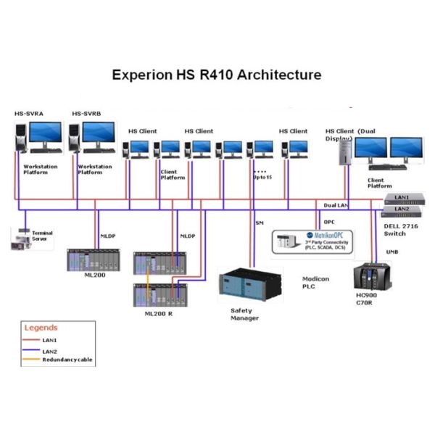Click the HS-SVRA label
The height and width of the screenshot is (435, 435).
28,114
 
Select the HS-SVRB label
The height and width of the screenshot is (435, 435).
86,114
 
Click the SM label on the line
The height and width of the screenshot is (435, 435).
260,223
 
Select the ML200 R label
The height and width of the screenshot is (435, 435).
158,312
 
